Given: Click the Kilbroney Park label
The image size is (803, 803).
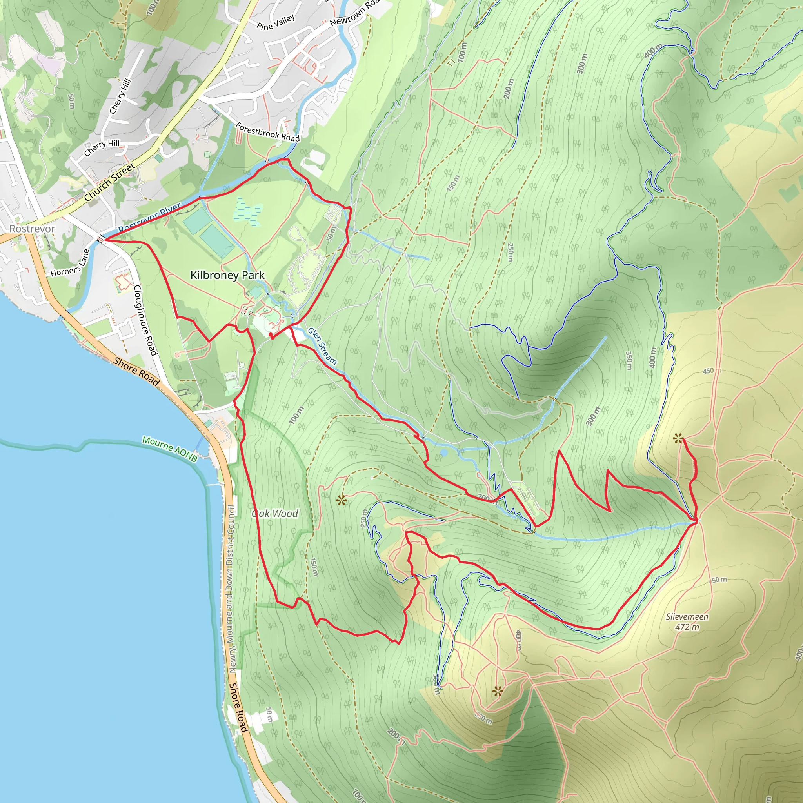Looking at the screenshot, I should [227, 275].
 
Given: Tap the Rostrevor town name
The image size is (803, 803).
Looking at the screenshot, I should [32, 229].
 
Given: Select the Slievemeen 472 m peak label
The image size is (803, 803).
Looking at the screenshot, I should [687, 622].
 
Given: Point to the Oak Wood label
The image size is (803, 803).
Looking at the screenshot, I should [275, 514].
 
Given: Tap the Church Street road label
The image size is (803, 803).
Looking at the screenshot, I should [109, 182].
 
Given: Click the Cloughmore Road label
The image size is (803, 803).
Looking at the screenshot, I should [145, 320].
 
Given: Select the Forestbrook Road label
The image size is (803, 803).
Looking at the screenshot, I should [268, 132].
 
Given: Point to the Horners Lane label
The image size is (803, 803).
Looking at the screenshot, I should [70, 263].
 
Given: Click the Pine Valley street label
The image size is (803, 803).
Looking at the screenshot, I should [276, 22].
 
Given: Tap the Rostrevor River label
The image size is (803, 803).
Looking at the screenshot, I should [150, 218].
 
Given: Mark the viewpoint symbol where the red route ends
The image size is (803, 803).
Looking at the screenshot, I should [678, 438].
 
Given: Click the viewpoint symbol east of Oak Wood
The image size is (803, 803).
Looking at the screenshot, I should [341, 500].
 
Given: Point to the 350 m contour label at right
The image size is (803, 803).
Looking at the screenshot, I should [629, 360].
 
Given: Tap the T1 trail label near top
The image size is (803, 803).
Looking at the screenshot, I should [452, 63].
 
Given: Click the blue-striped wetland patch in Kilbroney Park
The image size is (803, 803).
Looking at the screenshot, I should [248, 211].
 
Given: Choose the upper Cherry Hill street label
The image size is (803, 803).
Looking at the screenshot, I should [120, 96].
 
